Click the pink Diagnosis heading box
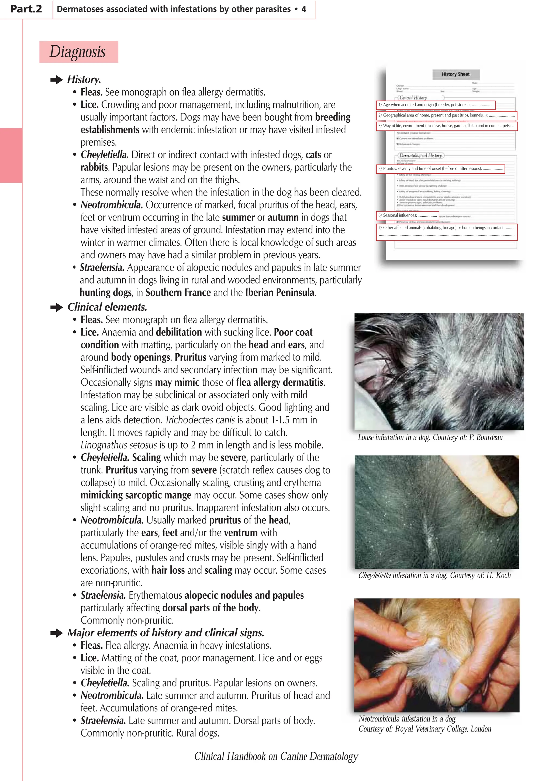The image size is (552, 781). [x=78, y=52]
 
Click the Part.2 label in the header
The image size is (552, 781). [x=26, y=9]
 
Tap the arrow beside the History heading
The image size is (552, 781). [x=56, y=80]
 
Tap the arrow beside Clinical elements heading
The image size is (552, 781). [x=56, y=307]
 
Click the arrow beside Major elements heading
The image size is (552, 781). [x=56, y=633]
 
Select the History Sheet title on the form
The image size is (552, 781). [x=456, y=74]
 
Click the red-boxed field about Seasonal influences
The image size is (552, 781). [x=407, y=215]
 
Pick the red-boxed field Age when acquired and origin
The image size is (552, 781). [x=435, y=105]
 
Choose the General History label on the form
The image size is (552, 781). [x=413, y=98]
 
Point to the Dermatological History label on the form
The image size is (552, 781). [x=421, y=155]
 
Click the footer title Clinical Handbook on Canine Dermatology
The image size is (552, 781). [x=276, y=756]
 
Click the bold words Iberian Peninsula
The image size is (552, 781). [x=280, y=293]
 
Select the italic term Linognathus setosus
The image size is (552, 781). [x=119, y=445]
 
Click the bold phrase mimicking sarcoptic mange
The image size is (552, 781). [x=136, y=495]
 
